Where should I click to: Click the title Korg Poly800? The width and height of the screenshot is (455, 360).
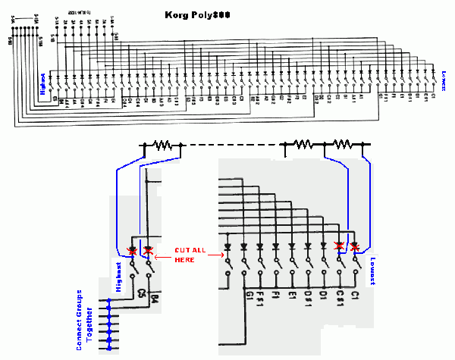pos(197,15)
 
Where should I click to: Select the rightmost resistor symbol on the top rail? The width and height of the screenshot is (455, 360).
pos(343,144)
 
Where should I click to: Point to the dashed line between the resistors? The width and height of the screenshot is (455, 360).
pos(231,144)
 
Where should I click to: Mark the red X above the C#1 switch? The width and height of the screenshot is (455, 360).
pos(339,246)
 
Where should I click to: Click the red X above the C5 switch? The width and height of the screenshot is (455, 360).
pos(133,249)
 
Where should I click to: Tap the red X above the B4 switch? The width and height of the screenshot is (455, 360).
pos(147,249)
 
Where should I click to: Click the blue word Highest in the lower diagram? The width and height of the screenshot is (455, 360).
pos(118,276)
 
